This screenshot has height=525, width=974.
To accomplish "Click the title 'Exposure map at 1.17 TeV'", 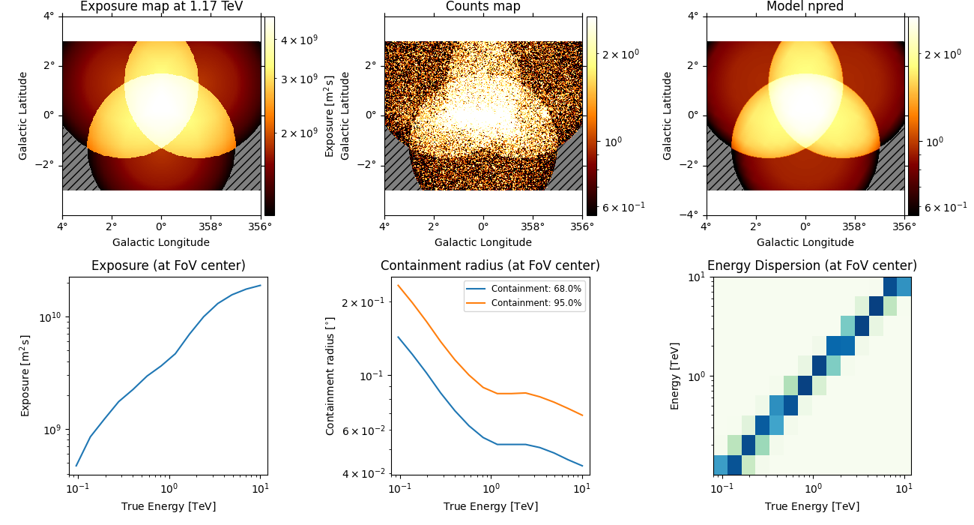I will coord(161,7).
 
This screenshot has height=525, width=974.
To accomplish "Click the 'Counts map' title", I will coord(483,7).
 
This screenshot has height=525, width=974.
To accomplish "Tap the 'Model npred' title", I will coord(805,7).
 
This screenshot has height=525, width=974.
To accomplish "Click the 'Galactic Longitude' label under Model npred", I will coord(805,242).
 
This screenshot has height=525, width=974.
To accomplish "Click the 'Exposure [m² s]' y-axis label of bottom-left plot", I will coord(25,376).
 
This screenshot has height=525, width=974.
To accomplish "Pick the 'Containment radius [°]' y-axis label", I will coord(330,376).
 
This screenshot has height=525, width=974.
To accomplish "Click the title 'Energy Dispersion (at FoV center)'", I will coord(811,265).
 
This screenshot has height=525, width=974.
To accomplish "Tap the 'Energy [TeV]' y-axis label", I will coord(675,376).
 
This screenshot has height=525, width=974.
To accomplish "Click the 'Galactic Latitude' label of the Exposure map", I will coord(23,115).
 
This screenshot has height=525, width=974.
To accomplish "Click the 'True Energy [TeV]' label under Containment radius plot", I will coord(490,506).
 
